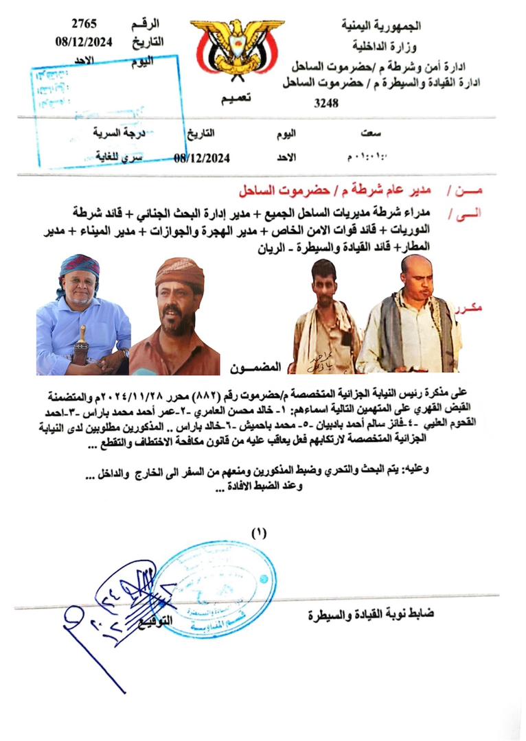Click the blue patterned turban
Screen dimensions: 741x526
click(x=80, y=268)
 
